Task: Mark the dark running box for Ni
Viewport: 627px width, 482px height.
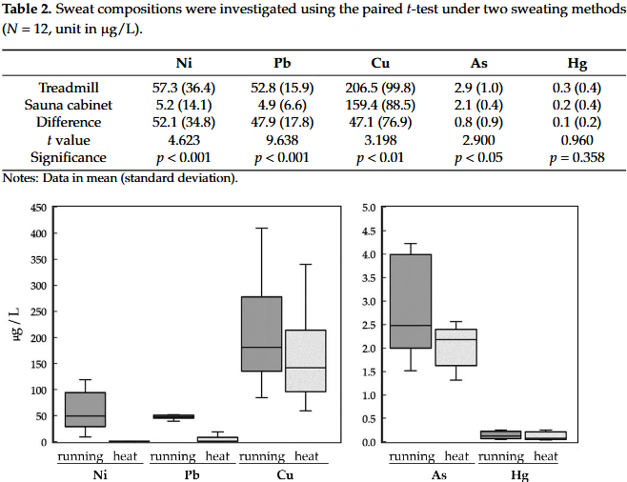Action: point(85,410)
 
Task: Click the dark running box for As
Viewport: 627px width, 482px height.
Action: point(411,301)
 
